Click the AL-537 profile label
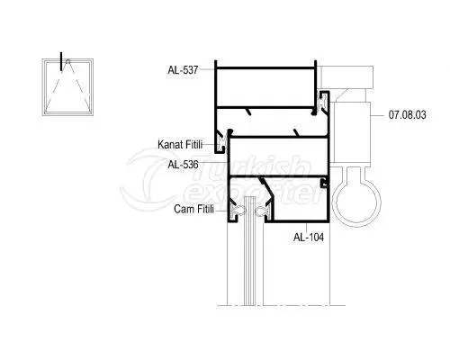click(183, 70)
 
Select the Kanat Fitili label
click(180, 145)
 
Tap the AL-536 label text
click(183, 165)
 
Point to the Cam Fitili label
click(194, 209)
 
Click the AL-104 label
click(309, 238)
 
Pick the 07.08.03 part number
click(407, 115)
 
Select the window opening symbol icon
click(67, 87)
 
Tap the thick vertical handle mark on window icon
click(61, 61)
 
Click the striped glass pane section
click(249, 251)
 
